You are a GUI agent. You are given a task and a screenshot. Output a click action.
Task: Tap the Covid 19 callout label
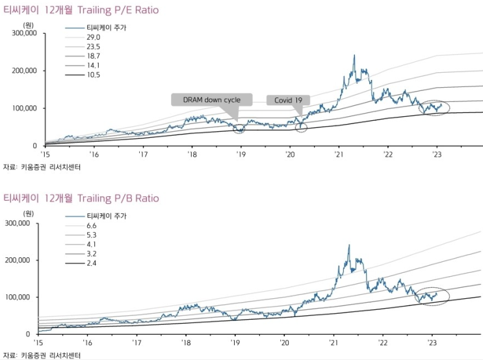pyautogui.click(x=288, y=99)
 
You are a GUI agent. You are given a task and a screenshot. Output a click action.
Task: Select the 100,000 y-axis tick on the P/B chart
pyautogui.click(x=19, y=297)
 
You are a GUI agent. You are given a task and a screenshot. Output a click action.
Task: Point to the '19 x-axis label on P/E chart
pyautogui.click(x=241, y=155)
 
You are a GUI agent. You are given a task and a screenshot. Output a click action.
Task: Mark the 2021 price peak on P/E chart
pyautogui.click(x=354, y=56)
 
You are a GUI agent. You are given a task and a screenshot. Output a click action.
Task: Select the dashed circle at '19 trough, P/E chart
pyautogui.click(x=241, y=128)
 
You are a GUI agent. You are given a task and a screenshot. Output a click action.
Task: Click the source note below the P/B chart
pyautogui.click(x=42, y=355)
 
